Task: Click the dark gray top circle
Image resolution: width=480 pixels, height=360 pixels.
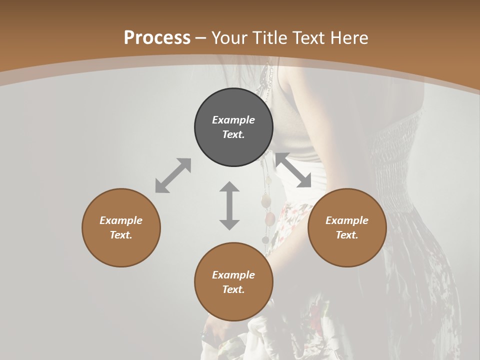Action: tap(233, 127)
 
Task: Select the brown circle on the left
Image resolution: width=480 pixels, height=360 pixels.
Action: tap(121, 227)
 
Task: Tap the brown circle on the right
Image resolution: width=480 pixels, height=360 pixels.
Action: tap(347, 227)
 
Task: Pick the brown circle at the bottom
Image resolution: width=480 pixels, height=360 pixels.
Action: tap(233, 282)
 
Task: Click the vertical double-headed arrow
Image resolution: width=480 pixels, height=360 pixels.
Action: tap(229, 205)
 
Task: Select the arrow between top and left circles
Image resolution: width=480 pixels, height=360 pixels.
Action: tap(173, 175)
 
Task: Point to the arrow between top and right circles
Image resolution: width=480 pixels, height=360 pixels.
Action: tap(293, 170)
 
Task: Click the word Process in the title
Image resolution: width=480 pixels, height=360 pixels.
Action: tap(157, 37)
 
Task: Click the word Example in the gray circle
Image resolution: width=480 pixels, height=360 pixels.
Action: tap(233, 120)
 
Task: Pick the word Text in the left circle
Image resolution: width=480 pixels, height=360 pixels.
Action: tap(121, 235)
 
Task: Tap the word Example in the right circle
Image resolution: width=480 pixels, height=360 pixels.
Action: tap(347, 220)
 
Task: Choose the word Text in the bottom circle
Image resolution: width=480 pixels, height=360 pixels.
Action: tap(233, 289)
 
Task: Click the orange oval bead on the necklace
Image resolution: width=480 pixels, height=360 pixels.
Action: tap(270, 218)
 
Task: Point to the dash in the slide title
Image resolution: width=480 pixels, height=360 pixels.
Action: tap(201, 38)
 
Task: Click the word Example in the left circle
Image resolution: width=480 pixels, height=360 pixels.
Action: tap(121, 220)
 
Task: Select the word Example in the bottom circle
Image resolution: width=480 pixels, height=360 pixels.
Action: tap(233, 275)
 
